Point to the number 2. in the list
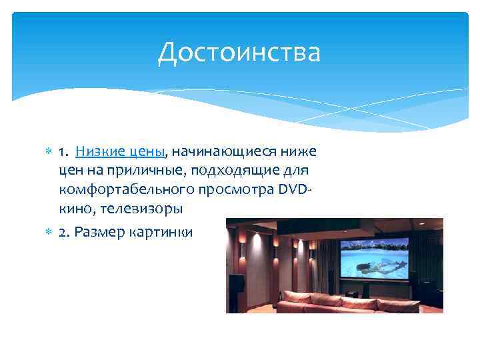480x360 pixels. [x=64, y=232]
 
